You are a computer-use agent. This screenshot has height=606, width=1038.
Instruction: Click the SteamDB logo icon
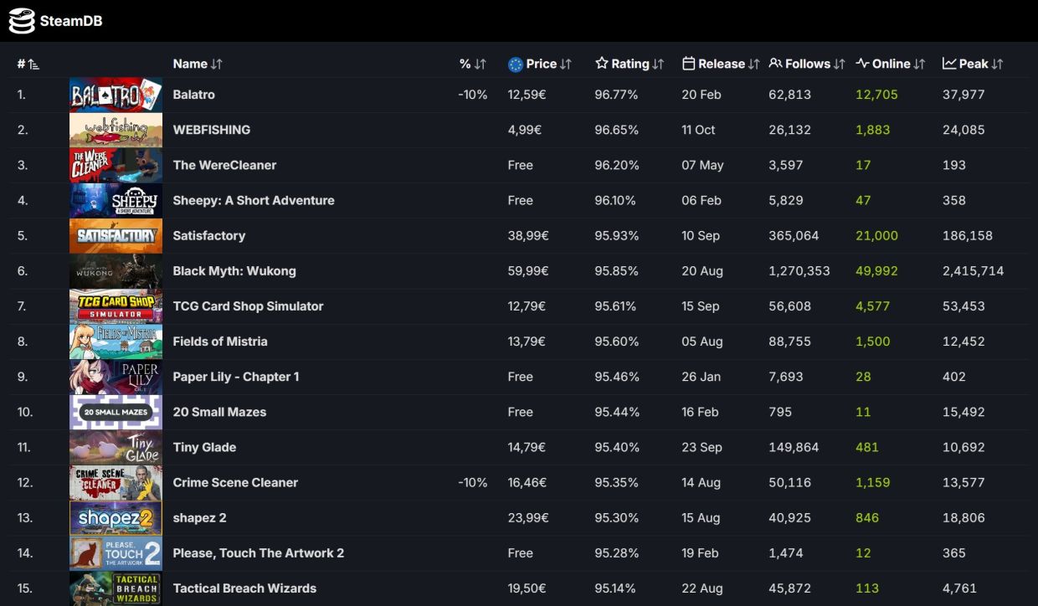coord(22,21)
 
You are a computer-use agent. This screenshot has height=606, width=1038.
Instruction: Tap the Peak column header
coord(973,64)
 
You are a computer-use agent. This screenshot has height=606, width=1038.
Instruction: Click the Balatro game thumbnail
coord(116,95)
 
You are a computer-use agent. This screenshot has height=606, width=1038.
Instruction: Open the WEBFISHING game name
coord(211,130)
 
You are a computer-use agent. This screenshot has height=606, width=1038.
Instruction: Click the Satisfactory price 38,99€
coord(528,235)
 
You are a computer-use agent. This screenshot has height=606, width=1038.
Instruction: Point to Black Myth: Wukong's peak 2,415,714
coord(973,270)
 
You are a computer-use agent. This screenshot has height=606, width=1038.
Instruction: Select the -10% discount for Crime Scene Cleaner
coord(472,482)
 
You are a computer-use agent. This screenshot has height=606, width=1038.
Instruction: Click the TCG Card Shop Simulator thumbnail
coord(116,306)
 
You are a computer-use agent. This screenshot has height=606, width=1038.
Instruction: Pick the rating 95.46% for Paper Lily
coord(617,377)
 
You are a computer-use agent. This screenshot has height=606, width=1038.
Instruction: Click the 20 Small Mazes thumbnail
coord(116,412)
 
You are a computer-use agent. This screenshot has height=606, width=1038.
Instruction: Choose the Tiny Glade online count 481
coord(867,447)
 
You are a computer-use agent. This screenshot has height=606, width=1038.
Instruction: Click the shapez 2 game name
coord(199,517)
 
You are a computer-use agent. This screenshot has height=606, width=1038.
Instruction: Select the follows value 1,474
coord(785,552)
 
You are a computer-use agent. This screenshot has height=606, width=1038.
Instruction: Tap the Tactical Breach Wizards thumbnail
coord(116,588)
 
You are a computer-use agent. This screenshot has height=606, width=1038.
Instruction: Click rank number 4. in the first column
coord(23,200)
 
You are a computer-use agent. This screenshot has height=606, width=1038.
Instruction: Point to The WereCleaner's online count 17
coord(863,165)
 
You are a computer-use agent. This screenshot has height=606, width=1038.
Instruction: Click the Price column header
coord(541,64)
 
